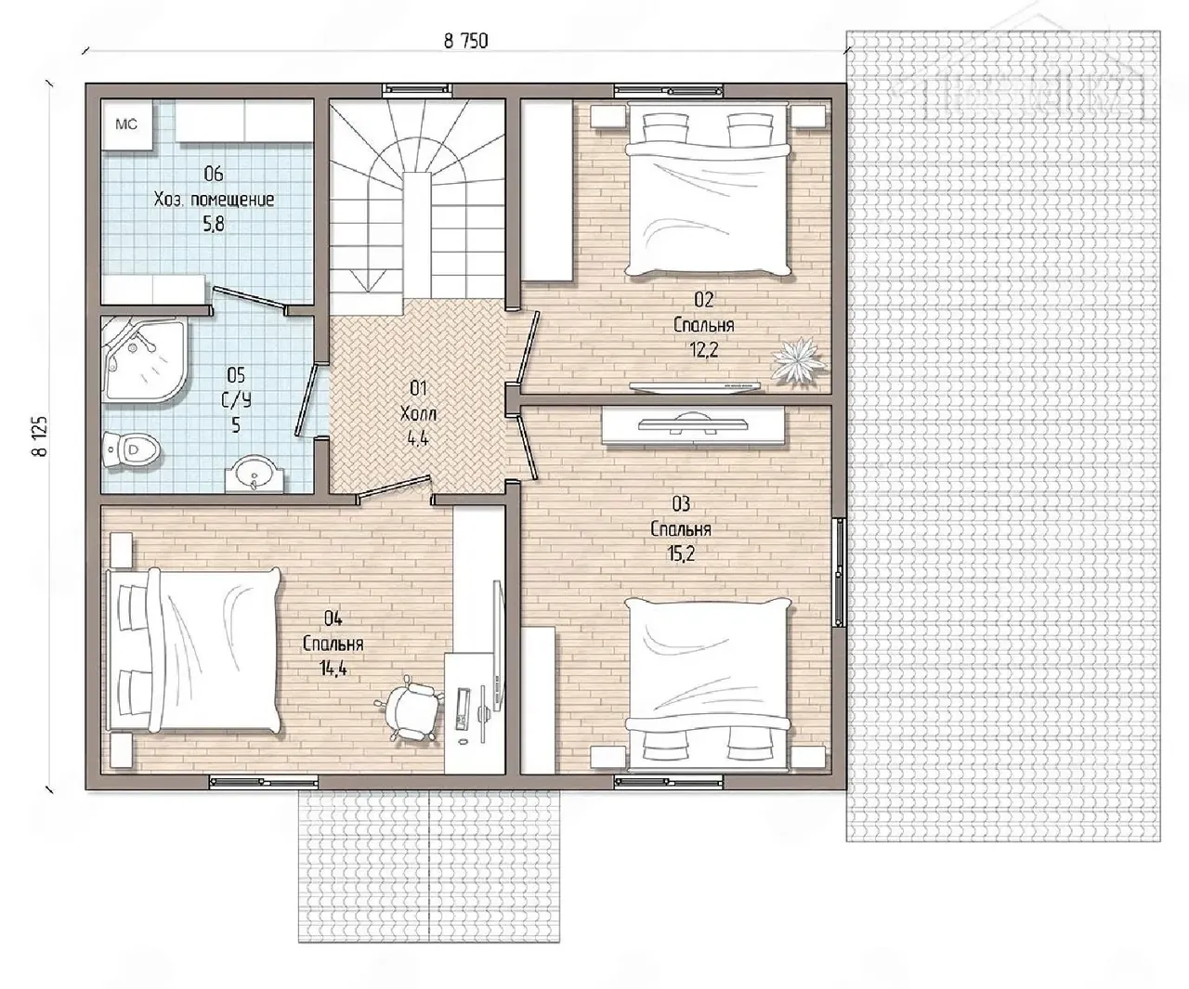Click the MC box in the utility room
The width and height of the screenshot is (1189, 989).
[x=126, y=124]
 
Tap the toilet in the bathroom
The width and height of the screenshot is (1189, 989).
[x=130, y=450]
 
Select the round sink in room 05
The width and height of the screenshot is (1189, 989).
[x=255, y=475]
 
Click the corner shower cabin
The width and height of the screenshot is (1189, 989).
[x=144, y=359]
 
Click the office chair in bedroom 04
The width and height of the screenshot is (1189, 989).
[x=410, y=708]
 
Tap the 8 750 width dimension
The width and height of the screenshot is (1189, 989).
[x=465, y=41]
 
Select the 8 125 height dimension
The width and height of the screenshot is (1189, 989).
[x=40, y=436]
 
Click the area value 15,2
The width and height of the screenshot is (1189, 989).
[x=681, y=553]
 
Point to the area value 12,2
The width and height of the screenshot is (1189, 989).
[x=704, y=349]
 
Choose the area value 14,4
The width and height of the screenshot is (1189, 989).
[x=333, y=669]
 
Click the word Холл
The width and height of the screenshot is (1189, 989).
[x=418, y=414]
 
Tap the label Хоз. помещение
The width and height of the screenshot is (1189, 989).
[x=214, y=200]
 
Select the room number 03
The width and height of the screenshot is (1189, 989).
[x=681, y=503]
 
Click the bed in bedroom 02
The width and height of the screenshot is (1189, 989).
[x=709, y=189]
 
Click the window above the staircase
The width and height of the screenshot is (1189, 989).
[x=417, y=89]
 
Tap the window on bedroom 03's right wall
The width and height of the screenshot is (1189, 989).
[x=839, y=572]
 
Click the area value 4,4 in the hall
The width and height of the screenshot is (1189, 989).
[x=418, y=438]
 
